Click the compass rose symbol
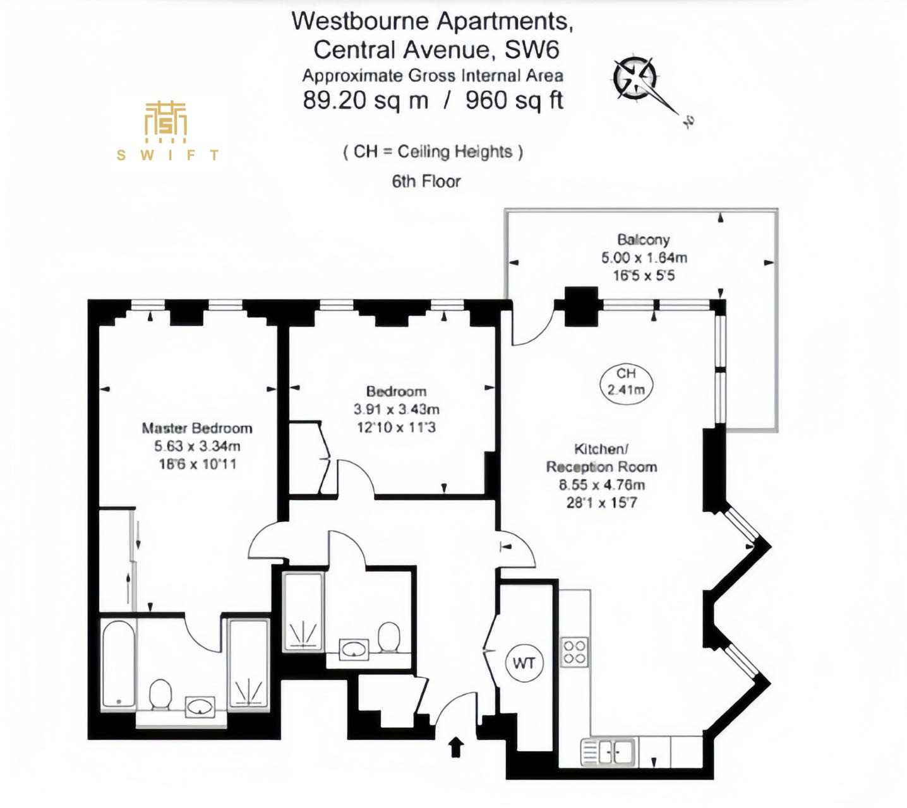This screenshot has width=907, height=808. click(x=635, y=78)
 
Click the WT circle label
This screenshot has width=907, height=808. click(x=524, y=663)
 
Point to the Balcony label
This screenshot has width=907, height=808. click(x=644, y=240)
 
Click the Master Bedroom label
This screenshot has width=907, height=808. click(x=197, y=428)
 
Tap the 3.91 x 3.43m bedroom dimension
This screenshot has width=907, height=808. click(x=396, y=409)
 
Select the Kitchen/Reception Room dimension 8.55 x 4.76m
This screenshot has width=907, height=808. click(x=602, y=485)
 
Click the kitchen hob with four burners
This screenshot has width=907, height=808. click(x=574, y=652)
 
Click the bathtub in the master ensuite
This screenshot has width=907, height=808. click(x=118, y=664)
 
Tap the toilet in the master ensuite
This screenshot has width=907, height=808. click(x=160, y=694)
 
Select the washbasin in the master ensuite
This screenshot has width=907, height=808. click(x=200, y=707)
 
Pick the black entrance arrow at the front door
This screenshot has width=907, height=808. click(x=456, y=747)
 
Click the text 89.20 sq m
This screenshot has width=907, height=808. click(x=365, y=100)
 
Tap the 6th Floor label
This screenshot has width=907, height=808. click(x=426, y=181)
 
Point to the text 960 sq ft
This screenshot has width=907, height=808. click(x=514, y=100)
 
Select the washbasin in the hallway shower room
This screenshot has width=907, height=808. click(x=354, y=649)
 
